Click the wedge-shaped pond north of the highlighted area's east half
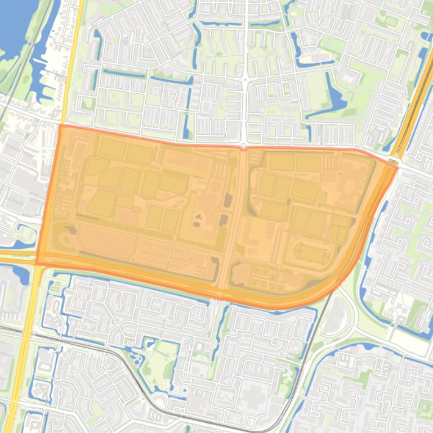tap(336, 98)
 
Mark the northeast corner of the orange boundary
tap(398, 166)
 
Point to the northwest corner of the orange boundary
tap(60, 125)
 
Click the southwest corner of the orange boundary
tap(37, 264)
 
